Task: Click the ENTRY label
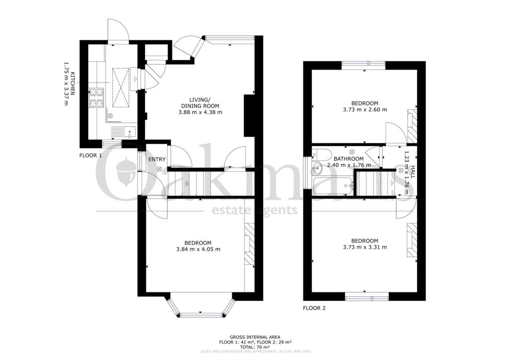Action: click(157, 159)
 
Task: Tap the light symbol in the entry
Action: click(160, 169)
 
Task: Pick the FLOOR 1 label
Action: click(90, 155)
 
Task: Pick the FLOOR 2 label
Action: click(314, 308)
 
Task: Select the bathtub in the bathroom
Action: click(334, 187)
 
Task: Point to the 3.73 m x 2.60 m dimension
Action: click(364, 109)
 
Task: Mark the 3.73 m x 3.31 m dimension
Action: click(364, 247)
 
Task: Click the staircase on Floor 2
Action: click(374, 182)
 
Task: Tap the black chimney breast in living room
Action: click(248, 115)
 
